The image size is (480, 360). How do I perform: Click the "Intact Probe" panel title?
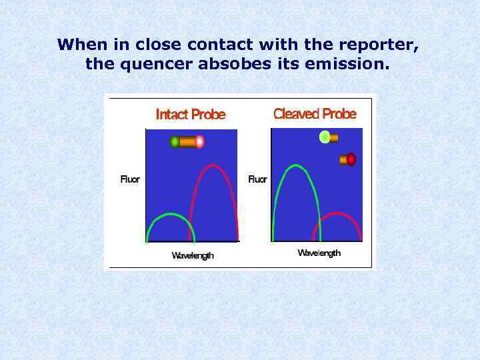pos(191,115)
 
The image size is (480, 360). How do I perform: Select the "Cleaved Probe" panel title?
pos(315,114)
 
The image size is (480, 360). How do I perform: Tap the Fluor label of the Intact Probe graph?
pos(130,179)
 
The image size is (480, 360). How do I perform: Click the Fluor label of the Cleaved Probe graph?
pos(257,179)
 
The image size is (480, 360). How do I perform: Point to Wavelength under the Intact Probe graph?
pos(193,255)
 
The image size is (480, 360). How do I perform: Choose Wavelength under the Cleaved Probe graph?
pos(319,253)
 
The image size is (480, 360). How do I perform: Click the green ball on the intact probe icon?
pos(175,142)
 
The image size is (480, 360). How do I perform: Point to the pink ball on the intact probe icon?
pos(199,142)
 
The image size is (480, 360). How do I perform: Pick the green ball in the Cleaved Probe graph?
pos(325,137)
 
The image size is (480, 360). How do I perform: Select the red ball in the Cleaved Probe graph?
pos(351,159)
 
